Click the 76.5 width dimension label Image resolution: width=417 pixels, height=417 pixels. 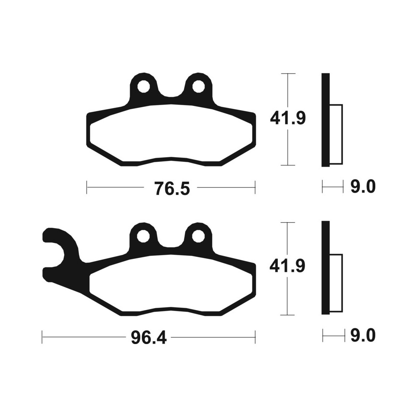pos(172,188)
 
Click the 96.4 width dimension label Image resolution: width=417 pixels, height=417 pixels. pos(149,337)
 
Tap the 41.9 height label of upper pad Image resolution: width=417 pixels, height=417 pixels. pos(288,118)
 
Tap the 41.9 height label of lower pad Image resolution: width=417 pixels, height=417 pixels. pos(287,266)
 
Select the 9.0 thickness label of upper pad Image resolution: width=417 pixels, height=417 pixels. pos(363,186)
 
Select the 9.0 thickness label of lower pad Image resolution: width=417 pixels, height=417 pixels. pos(363,335)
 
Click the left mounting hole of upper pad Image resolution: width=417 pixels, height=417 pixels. pos(143,86)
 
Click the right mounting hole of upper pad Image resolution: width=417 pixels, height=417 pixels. pos(198,86)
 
